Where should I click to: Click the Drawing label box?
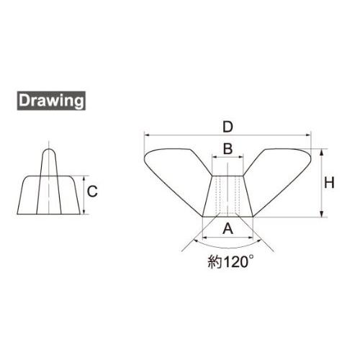pyautogui.click(x=51, y=101)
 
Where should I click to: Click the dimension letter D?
pyautogui.click(x=228, y=127)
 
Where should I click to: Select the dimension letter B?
pyautogui.click(x=228, y=148)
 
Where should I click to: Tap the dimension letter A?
pyautogui.click(x=228, y=228)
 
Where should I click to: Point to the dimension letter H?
pyautogui.click(x=329, y=183)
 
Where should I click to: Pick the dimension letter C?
pyautogui.click(x=92, y=192)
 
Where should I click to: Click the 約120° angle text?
pyautogui.click(x=230, y=261)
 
